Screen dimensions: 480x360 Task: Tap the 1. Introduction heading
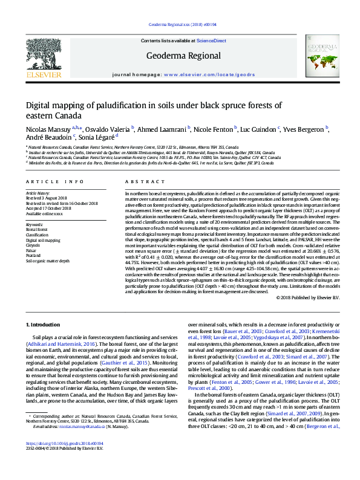point(47,325)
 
